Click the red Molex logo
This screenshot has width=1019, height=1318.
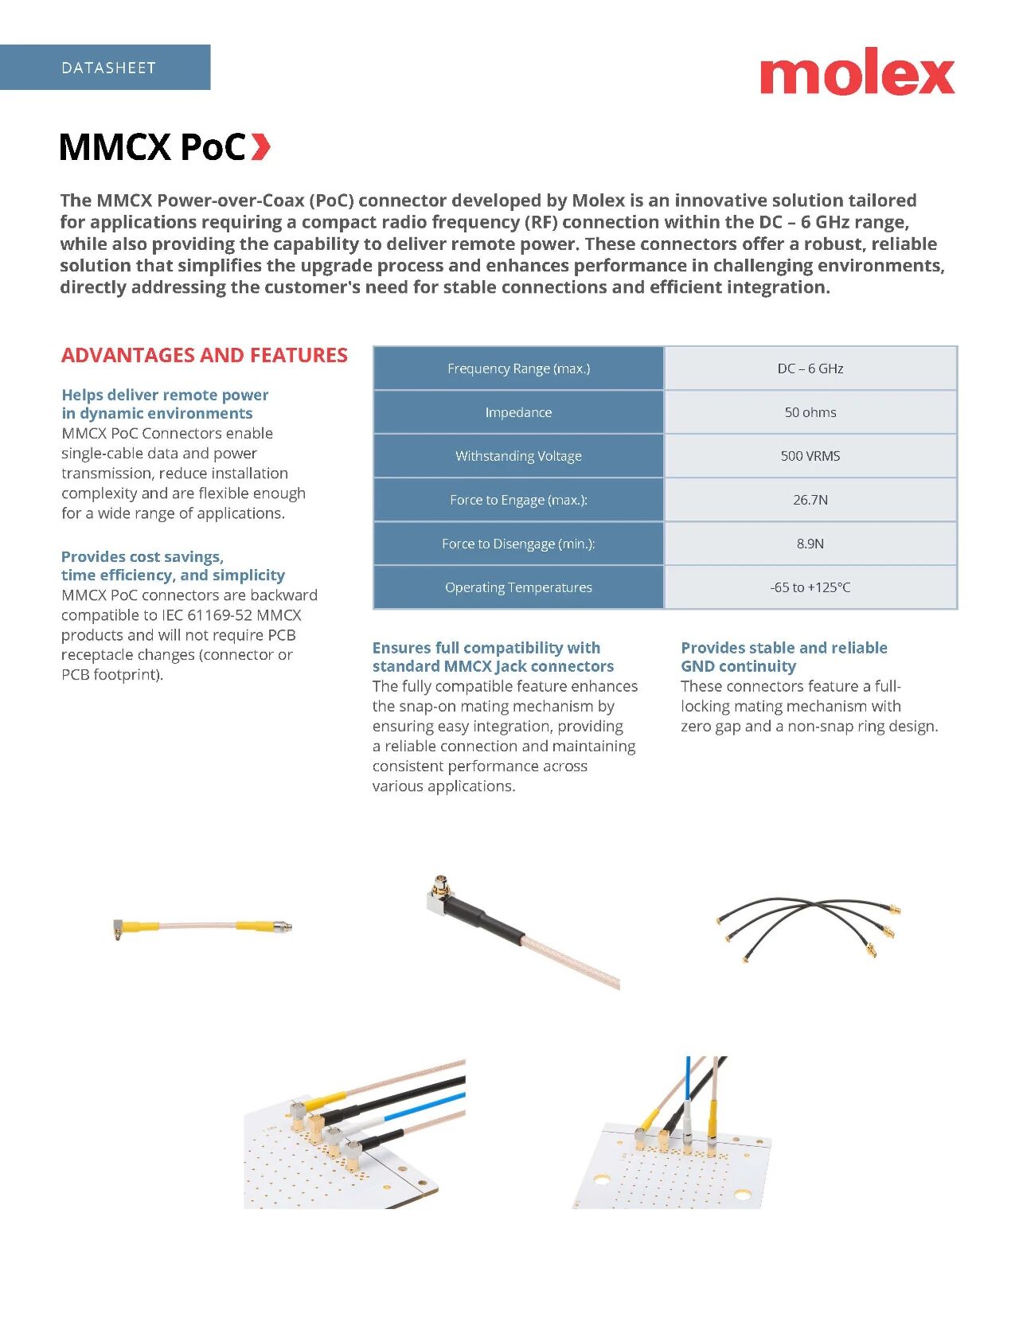857,73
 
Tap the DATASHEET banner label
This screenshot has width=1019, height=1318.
108,68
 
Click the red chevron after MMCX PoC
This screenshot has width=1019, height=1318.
260,146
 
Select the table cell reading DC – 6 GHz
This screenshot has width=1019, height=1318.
810,368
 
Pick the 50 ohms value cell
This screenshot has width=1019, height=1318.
810,412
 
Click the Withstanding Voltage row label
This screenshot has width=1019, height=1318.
518,456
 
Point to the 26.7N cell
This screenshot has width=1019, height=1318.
810,500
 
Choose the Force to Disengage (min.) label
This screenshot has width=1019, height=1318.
518,544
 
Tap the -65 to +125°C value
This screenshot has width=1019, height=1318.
810,587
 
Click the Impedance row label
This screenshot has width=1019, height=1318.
518,412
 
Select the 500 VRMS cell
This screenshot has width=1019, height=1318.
810,456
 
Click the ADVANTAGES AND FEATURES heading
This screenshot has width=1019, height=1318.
205,355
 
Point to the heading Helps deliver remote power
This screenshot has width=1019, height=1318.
165,395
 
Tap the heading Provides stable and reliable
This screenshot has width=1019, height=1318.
783,648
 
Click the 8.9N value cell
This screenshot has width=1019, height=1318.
810,544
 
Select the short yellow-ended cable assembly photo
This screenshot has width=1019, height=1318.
202,926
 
